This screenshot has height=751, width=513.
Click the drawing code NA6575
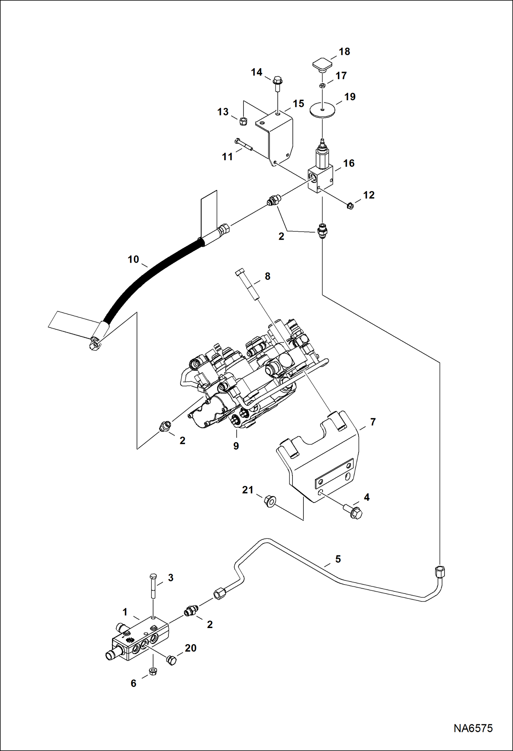coord(473,728)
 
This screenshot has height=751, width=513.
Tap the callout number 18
coord(344,51)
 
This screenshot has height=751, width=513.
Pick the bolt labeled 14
coord(277,83)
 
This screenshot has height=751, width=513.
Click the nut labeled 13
coord(243,121)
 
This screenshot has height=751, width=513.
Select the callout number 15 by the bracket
coord(298,103)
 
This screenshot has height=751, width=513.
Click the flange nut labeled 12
coord(350,206)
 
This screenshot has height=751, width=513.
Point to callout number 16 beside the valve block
coord(349,163)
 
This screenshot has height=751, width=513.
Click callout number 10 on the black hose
coord(133,259)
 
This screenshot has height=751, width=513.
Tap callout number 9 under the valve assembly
coord(236,446)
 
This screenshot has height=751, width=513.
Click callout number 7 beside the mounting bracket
coord(373,422)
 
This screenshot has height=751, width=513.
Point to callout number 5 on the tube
coord(338,559)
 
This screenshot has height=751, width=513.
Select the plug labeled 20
coord(171,660)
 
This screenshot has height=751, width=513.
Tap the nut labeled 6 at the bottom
coord(153,671)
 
